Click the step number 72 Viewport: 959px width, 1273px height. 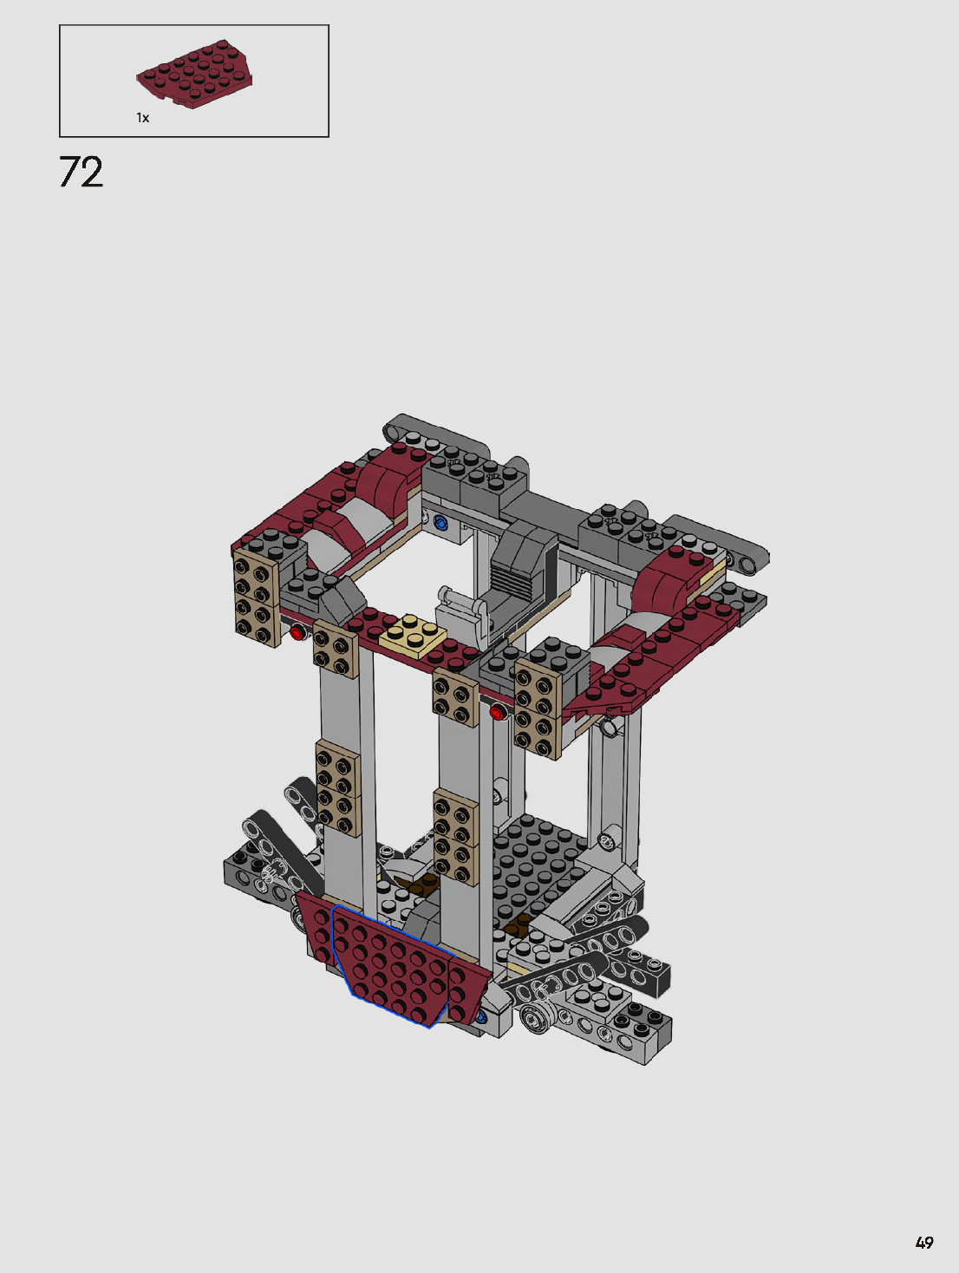pos(82,173)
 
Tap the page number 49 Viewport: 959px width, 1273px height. pos(924,1243)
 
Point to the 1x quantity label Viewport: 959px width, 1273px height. pos(142,118)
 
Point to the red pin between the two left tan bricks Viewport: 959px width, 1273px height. pos(297,632)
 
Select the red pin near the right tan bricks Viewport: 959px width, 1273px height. pos(497,712)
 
